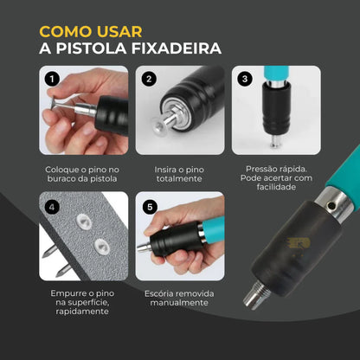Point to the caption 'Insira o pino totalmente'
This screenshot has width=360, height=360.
pyautogui.click(x=180, y=174)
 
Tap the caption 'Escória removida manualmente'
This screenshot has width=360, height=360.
pyautogui.click(x=180, y=299)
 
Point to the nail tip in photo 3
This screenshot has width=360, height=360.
pyautogui.click(x=271, y=147)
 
